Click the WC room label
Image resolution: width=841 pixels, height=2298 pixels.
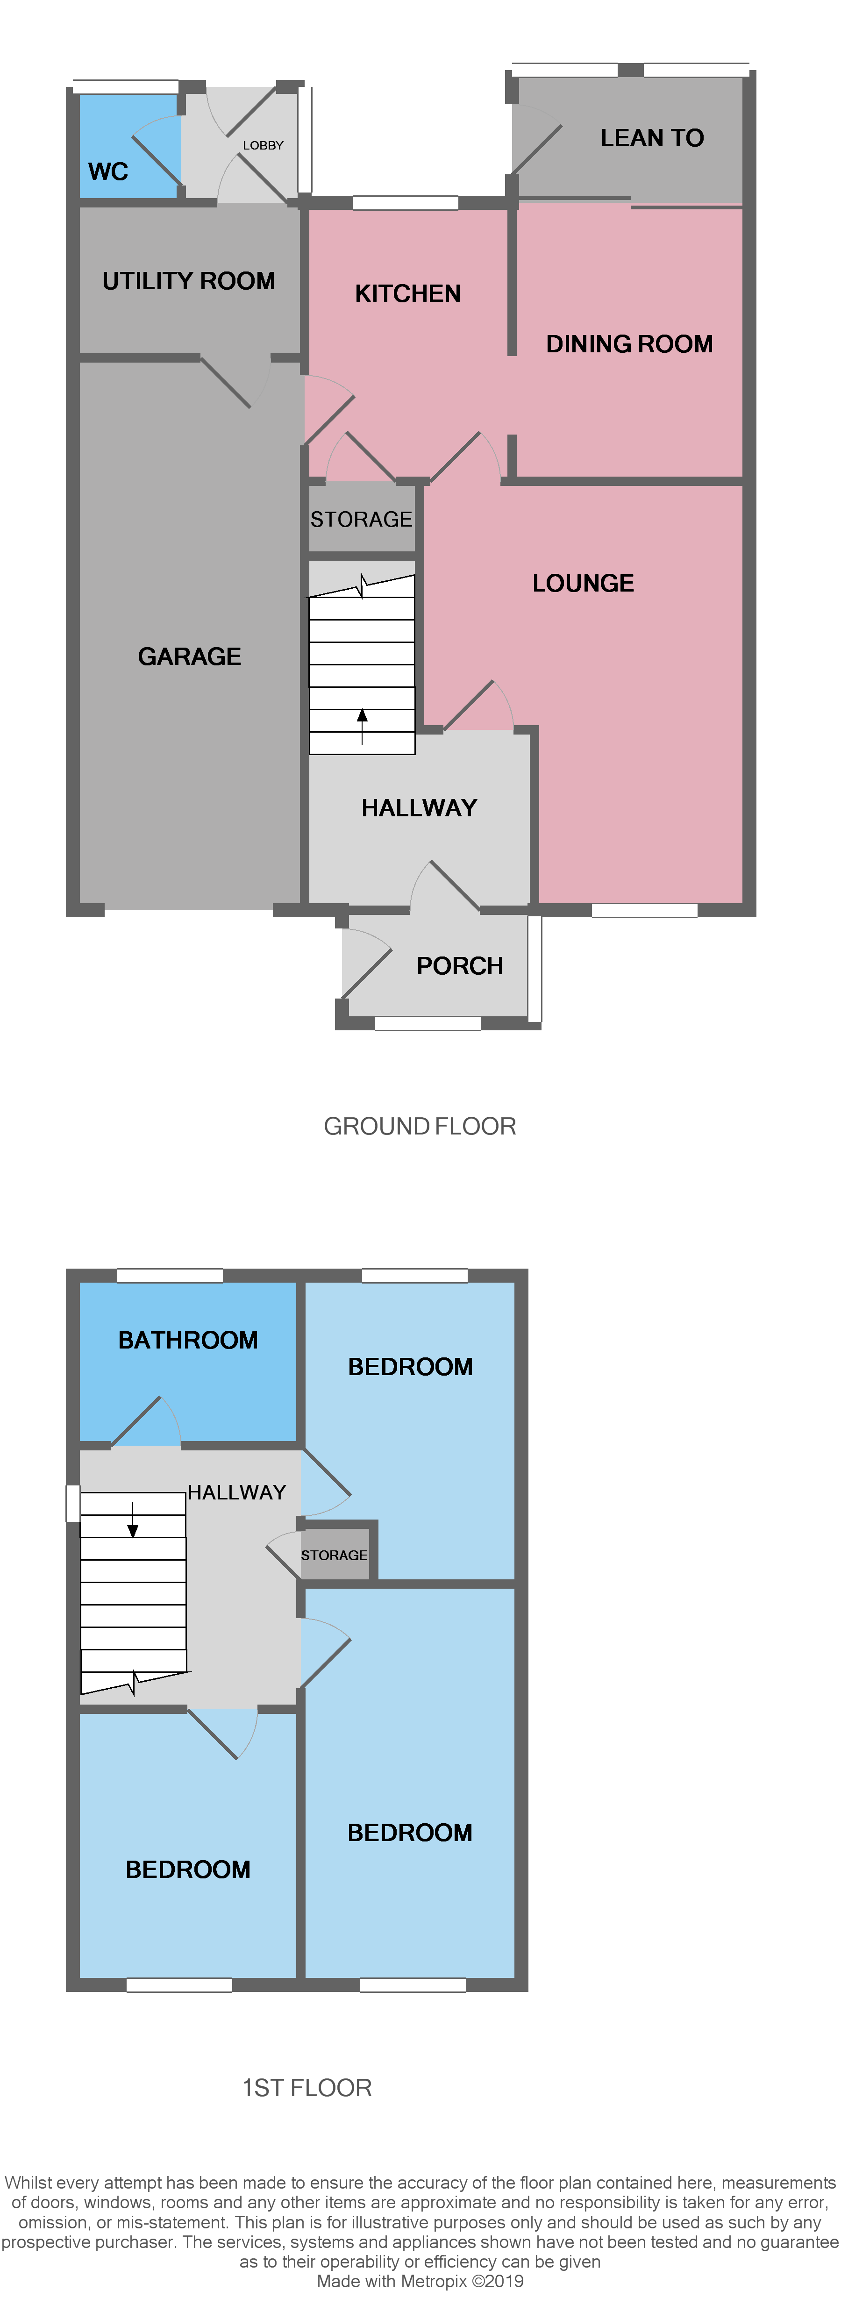[108, 171]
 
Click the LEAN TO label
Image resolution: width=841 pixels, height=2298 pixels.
[652, 138]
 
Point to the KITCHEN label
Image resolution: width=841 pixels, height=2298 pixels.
[407, 293]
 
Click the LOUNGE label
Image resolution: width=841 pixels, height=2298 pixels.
[583, 584]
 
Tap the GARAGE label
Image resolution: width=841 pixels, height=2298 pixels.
[189, 657]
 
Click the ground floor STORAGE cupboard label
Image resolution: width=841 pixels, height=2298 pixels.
[361, 519]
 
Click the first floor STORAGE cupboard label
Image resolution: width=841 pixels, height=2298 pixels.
[334, 1555]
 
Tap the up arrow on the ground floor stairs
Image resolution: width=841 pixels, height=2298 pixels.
[362, 724]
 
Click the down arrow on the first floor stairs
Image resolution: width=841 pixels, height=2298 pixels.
[133, 1521]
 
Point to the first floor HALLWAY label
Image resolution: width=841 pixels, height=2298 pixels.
[236, 1492]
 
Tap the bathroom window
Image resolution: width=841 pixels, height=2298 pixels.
[170, 1276]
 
